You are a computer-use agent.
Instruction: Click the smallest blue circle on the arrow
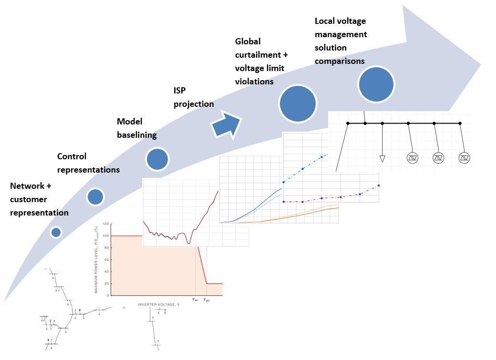point(56,232)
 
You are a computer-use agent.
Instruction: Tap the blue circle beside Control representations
point(95,196)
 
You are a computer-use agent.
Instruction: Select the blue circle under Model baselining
point(157,159)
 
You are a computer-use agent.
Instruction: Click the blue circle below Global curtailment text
point(298,103)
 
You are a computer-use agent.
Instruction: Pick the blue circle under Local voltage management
point(376,84)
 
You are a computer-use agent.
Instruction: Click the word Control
point(72,156)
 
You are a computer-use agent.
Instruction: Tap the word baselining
point(137,135)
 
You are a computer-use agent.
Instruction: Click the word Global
point(248,41)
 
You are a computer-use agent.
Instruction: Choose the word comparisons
point(340,61)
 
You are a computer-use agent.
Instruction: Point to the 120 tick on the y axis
point(106,224)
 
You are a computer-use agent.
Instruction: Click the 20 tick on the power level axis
point(107,284)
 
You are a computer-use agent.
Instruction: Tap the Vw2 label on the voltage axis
point(207,300)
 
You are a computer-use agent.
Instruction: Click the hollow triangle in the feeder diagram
point(382,158)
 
